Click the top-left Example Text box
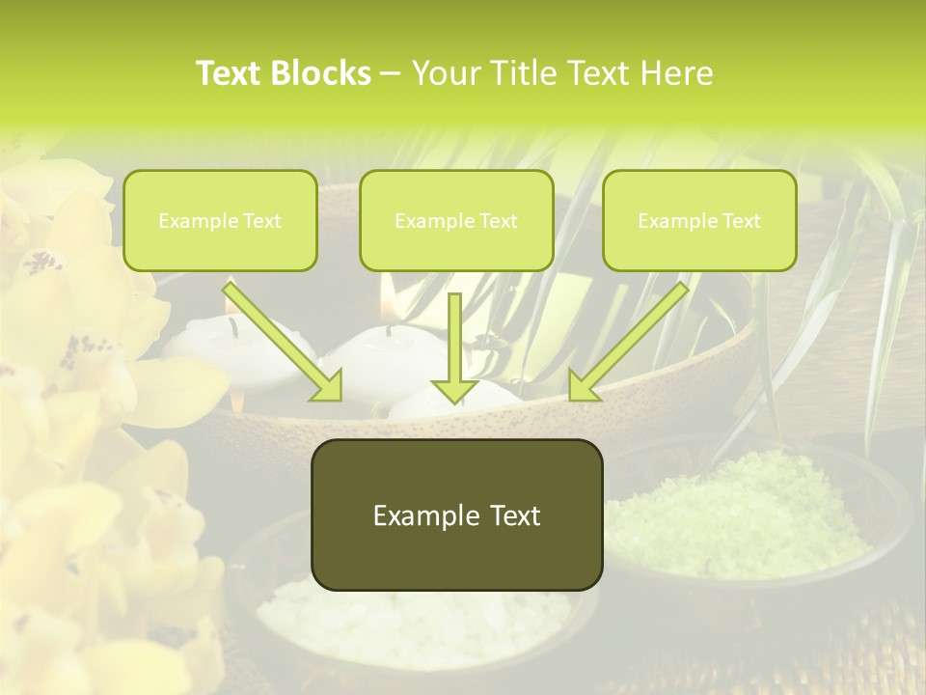pos(220,221)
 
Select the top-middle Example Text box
pos(456,221)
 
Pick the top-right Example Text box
pos(699,221)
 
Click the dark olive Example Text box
pos(456,515)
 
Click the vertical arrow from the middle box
pos(454,347)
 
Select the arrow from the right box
pos(632,340)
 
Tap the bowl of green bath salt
pos(738,512)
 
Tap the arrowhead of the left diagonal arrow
pos(328,386)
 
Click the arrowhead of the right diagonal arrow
pos(583,385)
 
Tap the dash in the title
pos(390,74)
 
